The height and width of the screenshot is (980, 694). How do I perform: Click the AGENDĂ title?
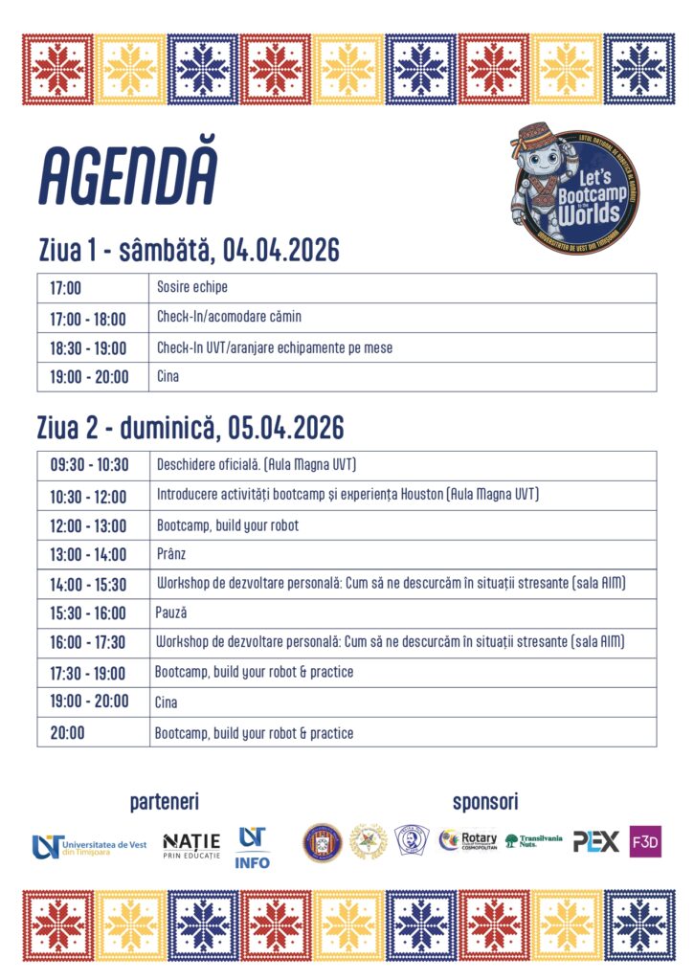pyautogui.click(x=128, y=178)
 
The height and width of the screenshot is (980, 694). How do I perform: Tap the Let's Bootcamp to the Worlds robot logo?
pyautogui.click(x=574, y=188)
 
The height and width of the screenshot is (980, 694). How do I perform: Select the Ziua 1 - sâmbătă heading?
pyautogui.click(x=189, y=251)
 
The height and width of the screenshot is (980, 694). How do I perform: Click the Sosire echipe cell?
pyautogui.click(x=192, y=287)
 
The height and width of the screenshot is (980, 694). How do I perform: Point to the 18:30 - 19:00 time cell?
pyautogui.click(x=89, y=347)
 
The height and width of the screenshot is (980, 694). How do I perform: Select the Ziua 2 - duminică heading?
pyautogui.click(x=190, y=427)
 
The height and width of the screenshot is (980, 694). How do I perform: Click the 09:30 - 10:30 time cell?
pyautogui.click(x=89, y=465)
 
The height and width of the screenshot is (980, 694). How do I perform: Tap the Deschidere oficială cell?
pyautogui.click(x=257, y=465)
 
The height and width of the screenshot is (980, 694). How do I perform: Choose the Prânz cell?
pyautogui.click(x=170, y=554)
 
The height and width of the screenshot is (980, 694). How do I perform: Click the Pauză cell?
pyautogui.click(x=171, y=612)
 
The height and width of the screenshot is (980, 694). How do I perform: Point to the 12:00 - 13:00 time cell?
pyautogui.click(x=89, y=524)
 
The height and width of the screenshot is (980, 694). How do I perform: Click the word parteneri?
pyautogui.click(x=165, y=802)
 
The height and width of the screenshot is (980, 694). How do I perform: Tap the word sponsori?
pyautogui.click(x=485, y=802)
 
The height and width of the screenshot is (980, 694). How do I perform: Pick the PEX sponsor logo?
pyautogui.click(x=595, y=841)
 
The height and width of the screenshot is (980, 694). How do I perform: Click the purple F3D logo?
pyautogui.click(x=645, y=841)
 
